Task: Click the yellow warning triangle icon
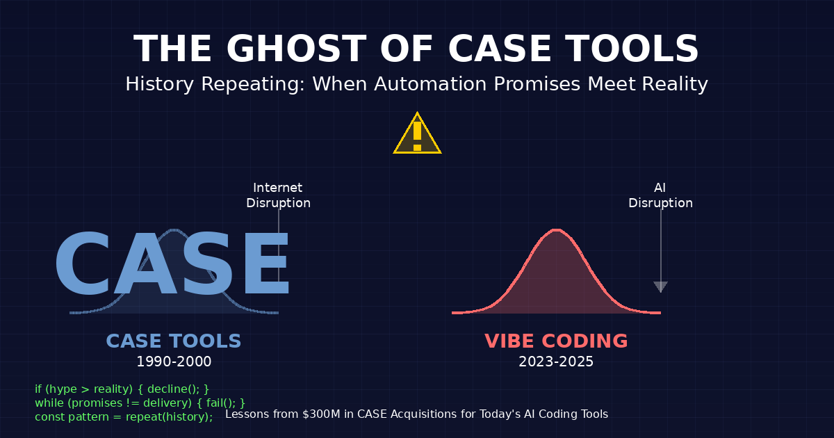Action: (x=417, y=135)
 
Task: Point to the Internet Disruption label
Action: (x=278, y=195)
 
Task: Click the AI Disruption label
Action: (x=660, y=195)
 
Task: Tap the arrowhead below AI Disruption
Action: (x=660, y=286)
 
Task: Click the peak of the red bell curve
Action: (x=556, y=230)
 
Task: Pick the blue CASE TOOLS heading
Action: (x=174, y=341)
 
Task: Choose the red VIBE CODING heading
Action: (x=556, y=341)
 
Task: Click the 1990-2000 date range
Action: (x=174, y=362)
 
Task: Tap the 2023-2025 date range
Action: (x=556, y=362)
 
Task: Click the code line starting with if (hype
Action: (x=122, y=389)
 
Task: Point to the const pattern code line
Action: (x=124, y=416)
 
